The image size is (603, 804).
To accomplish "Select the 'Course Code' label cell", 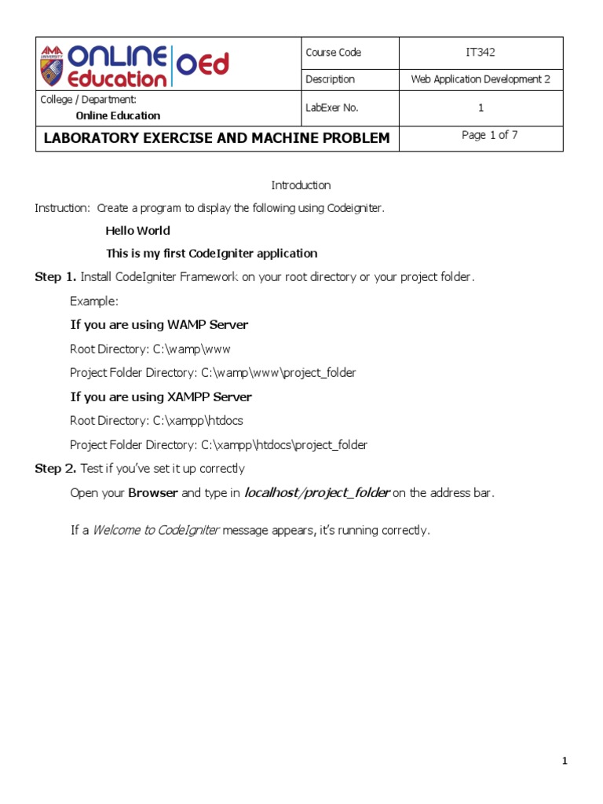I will (334, 53).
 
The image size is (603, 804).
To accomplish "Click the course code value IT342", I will (481, 53).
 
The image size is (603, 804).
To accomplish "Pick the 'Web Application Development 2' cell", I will (481, 79).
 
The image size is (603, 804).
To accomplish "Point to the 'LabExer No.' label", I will (332, 108).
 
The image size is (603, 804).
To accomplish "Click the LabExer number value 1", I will (481, 108).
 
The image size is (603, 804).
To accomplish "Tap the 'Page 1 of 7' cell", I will (489, 135).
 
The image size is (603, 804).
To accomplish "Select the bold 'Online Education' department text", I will (118, 115).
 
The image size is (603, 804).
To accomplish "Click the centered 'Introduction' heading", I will (301, 185).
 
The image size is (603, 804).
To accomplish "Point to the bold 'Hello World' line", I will (137, 231).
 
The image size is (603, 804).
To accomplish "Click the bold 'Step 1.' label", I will (56, 277).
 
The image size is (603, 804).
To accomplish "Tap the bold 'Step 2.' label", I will (56, 469).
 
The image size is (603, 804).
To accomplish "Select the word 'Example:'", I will (94, 301).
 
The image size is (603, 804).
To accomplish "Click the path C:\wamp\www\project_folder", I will (283, 373).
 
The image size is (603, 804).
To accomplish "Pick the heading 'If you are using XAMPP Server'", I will (161, 397).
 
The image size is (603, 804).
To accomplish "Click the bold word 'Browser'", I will (153, 493).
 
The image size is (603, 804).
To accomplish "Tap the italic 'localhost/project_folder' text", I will (316, 493).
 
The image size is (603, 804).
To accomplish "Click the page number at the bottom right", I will (564, 761).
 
